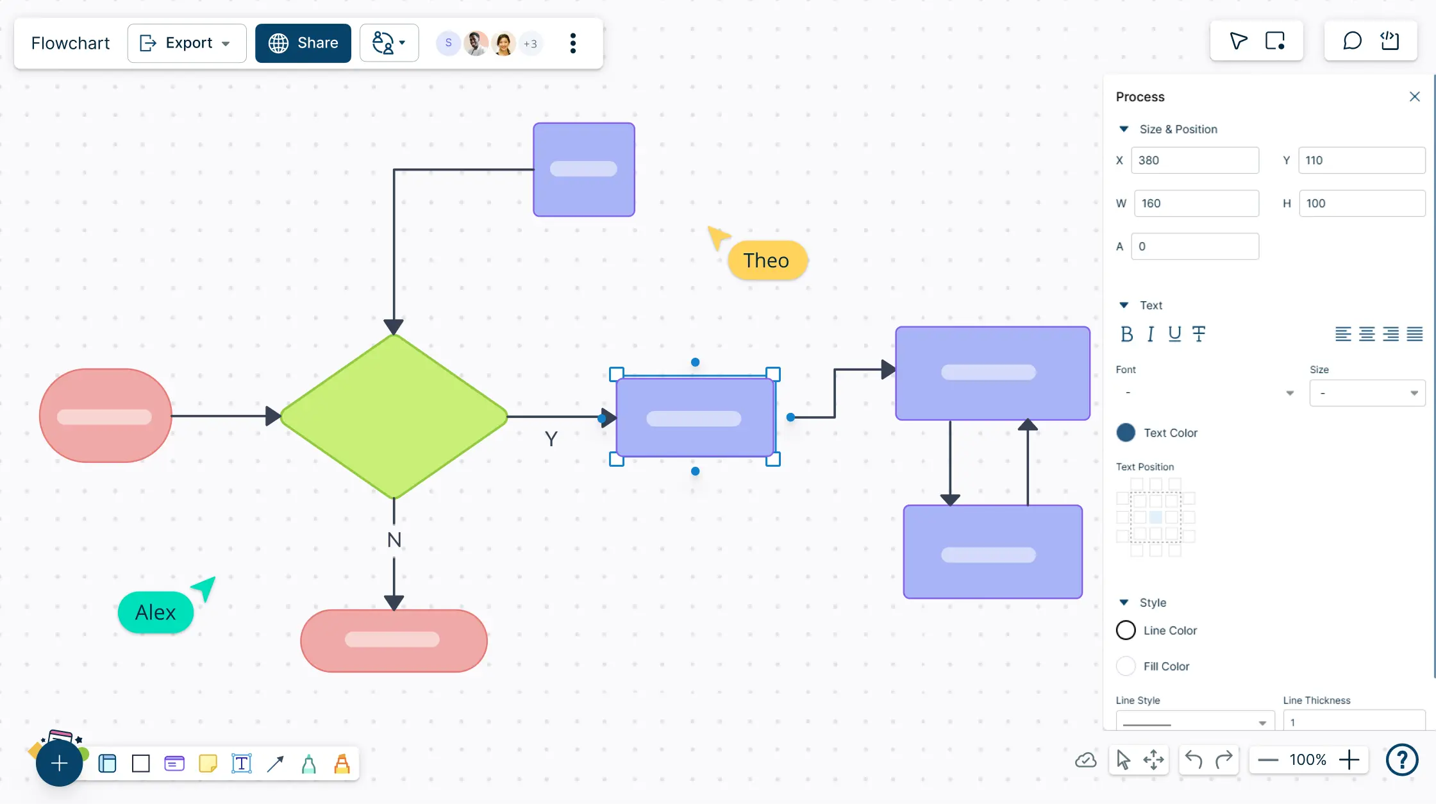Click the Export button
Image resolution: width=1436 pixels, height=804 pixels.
pyautogui.click(x=186, y=43)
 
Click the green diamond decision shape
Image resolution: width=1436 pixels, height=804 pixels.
pyautogui.click(x=394, y=416)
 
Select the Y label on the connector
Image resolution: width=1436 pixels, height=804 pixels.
pyautogui.click(x=551, y=439)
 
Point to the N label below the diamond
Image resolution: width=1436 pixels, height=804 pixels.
pyautogui.click(x=394, y=540)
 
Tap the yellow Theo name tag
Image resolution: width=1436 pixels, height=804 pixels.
pyautogui.click(x=767, y=260)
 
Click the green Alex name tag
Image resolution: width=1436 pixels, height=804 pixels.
pyautogui.click(x=156, y=612)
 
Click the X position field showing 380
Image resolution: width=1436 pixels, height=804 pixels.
pyautogui.click(x=1194, y=160)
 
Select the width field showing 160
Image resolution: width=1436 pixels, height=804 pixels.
pyautogui.click(x=1196, y=203)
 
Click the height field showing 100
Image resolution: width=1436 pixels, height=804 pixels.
pyautogui.click(x=1361, y=203)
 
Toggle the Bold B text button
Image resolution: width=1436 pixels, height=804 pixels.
pyautogui.click(x=1126, y=334)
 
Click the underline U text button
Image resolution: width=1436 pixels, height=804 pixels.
pyautogui.click(x=1174, y=334)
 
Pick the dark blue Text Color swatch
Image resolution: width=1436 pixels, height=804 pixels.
pyautogui.click(x=1126, y=433)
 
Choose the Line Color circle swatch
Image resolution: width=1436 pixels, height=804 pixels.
pyautogui.click(x=1126, y=630)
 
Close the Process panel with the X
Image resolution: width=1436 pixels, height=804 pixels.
pyautogui.click(x=1415, y=97)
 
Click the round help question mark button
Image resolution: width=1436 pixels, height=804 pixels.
pyautogui.click(x=1402, y=760)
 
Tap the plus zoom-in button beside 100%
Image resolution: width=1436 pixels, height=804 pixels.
pyautogui.click(x=1349, y=760)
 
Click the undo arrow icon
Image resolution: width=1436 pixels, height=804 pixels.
pyautogui.click(x=1193, y=760)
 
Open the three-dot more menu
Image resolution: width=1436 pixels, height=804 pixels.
pyautogui.click(x=573, y=43)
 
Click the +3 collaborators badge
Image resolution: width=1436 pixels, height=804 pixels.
pyautogui.click(x=530, y=44)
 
